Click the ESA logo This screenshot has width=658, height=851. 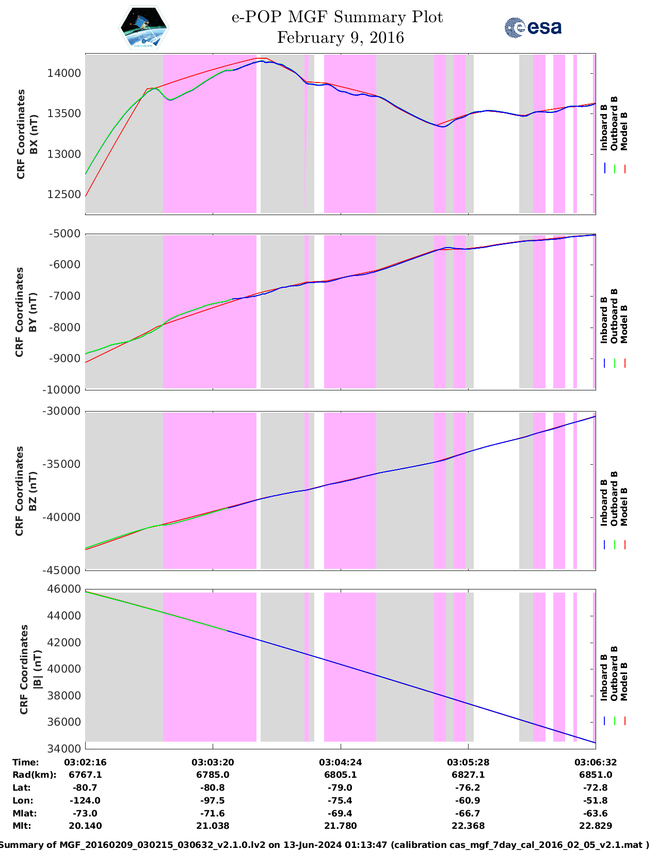coord(533,27)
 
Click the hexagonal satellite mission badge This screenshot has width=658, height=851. coord(144,27)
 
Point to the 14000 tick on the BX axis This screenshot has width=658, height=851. coord(65,73)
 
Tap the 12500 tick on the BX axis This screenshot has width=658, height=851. coord(65,194)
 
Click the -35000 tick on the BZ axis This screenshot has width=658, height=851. coord(62,464)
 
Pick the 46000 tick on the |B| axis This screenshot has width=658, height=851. coord(65,589)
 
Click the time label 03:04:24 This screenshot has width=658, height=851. coord(340,762)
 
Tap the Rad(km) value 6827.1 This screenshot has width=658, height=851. coord(468,775)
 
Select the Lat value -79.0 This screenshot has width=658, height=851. coord(340,788)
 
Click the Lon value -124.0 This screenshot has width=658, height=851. coord(85,800)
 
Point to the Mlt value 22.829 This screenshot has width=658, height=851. coord(596,826)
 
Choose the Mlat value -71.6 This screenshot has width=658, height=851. coord(213,813)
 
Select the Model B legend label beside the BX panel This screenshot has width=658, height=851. coord(624,131)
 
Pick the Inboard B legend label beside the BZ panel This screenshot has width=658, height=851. coord(604,502)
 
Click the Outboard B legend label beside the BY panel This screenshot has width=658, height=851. coord(614,316)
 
